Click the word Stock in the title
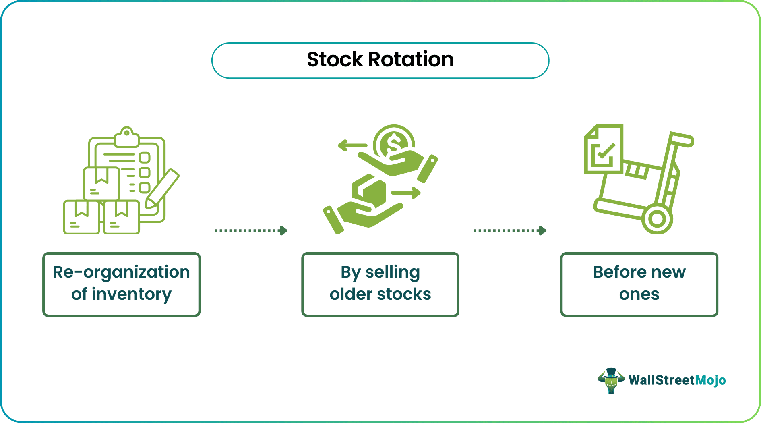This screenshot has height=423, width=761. [335, 60]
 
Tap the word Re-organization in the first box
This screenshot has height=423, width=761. [121, 272]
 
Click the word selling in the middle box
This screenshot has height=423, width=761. [392, 272]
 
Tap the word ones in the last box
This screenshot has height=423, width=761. [639, 294]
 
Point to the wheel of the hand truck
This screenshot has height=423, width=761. [657, 219]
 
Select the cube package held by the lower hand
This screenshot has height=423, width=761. [369, 191]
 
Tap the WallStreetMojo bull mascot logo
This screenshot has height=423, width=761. [611, 380]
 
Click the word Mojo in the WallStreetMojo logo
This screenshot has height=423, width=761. [710, 380]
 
